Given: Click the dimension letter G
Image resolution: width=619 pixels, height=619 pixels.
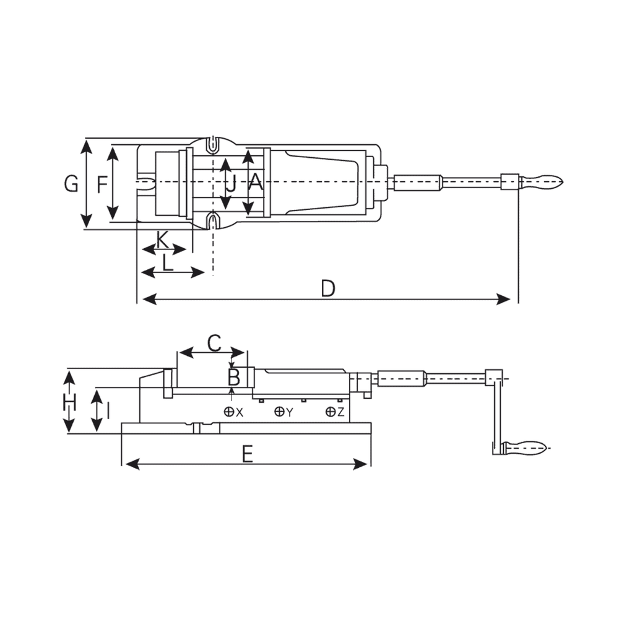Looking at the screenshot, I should coord(72,183).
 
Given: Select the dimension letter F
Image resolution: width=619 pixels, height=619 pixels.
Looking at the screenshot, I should coord(102,183).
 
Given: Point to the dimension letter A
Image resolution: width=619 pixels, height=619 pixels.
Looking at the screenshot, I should coord(256,183).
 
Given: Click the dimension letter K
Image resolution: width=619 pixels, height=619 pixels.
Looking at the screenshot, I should coord(162,239).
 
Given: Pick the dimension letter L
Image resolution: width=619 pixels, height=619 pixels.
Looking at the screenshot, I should coord(168,263).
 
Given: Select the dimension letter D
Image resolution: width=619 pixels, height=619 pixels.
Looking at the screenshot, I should coord(328,288).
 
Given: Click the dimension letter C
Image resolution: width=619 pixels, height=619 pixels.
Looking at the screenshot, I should coord(214,343).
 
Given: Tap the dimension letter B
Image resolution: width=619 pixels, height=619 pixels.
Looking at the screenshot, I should coord(233,377).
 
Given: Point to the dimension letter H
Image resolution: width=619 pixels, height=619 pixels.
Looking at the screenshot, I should coord(69,404).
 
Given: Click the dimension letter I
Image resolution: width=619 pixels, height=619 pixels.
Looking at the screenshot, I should coord(108,410).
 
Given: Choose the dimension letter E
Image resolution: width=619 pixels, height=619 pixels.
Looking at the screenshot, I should coord(247,455).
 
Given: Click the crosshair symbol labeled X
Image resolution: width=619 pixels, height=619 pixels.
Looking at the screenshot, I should coord(228,412).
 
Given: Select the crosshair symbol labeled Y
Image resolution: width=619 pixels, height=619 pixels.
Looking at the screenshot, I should coord(279,412).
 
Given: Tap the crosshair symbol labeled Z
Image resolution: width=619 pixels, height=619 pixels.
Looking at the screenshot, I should coord(331,412).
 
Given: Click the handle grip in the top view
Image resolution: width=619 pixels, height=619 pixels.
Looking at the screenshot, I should coord(542,182).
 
